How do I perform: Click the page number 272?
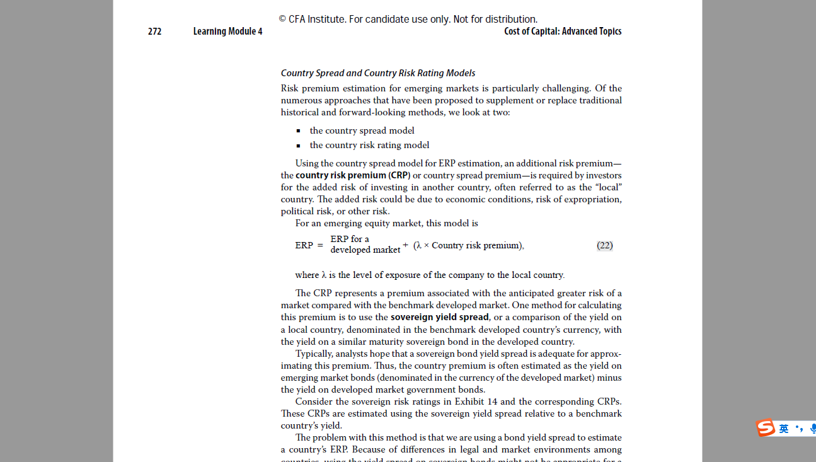tap(154, 32)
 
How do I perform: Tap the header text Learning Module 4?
tap(227, 32)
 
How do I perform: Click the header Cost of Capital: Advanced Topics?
tap(562, 32)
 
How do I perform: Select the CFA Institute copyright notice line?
tap(408, 20)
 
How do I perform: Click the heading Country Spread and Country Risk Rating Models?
tap(377, 73)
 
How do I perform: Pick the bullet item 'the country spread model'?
tap(362, 130)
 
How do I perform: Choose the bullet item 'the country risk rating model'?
tap(369, 145)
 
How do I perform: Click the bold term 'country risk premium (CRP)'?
tap(353, 175)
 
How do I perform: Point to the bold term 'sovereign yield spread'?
tap(439, 317)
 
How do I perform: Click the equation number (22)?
tap(604, 245)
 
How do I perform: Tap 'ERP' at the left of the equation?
tap(304, 245)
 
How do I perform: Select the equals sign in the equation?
tap(320, 245)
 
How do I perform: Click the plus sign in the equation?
tap(405, 245)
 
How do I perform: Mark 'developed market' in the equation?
tap(365, 250)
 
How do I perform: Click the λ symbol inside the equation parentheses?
tap(419, 245)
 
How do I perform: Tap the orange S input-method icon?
tap(766, 428)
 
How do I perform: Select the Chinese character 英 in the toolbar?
tap(783, 429)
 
